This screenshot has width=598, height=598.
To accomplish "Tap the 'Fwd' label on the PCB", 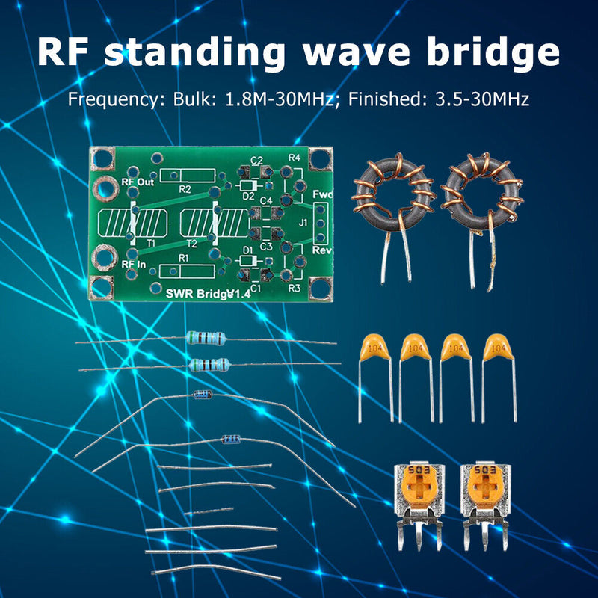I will [x=322, y=194].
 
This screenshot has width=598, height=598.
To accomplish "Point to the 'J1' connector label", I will [x=303, y=222].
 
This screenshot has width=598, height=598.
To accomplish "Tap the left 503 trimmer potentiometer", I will [x=419, y=486].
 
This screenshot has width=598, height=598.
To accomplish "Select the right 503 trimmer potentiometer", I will [x=485, y=486].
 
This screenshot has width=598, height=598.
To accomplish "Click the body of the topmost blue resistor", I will [x=205, y=339].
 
